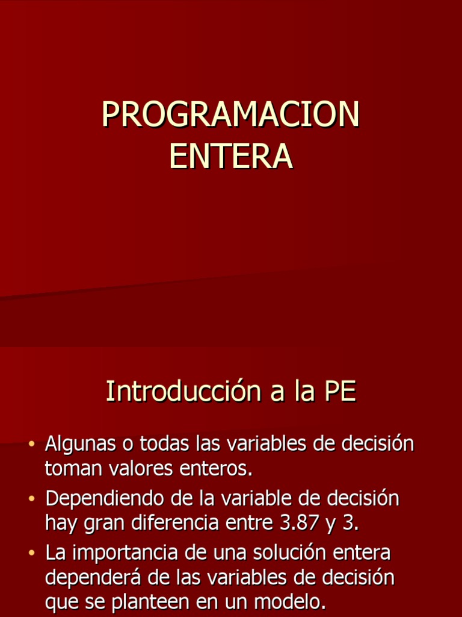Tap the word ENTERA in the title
click(230, 155)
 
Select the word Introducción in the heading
click(180, 392)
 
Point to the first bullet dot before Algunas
click(32, 445)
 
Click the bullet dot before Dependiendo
click(32, 500)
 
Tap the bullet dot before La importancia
click(32, 553)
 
